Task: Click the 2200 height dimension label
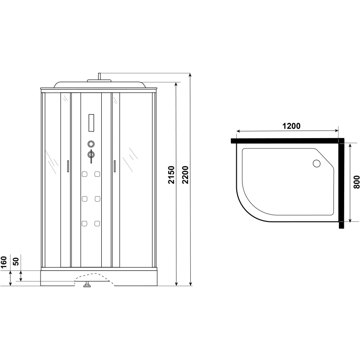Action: [185, 175]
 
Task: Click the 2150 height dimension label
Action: [171, 175]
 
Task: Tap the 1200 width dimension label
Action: [291, 126]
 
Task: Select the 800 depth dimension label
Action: [356, 182]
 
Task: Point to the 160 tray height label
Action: [4, 262]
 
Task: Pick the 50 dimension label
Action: [16, 261]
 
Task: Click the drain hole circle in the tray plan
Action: [317, 163]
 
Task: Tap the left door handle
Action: [68, 166]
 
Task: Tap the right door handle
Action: [115, 166]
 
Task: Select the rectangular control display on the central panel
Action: [91, 123]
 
